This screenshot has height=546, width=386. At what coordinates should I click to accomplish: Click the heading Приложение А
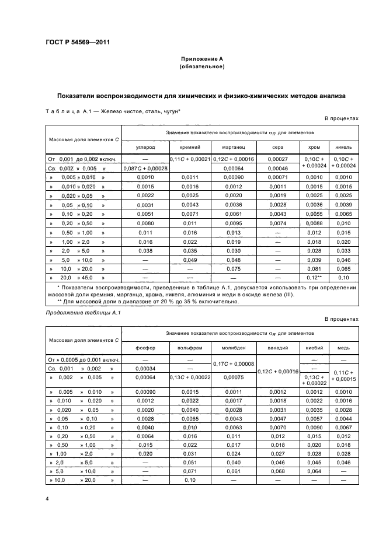coord(201,59)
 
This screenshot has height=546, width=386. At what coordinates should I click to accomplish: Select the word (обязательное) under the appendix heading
coord(201,67)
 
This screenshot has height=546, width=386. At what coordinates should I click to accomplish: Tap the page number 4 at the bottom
coord(48,499)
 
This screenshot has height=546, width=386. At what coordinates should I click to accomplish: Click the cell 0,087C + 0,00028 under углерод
coord(145,168)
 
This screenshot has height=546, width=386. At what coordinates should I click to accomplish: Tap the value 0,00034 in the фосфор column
coord(145,369)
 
